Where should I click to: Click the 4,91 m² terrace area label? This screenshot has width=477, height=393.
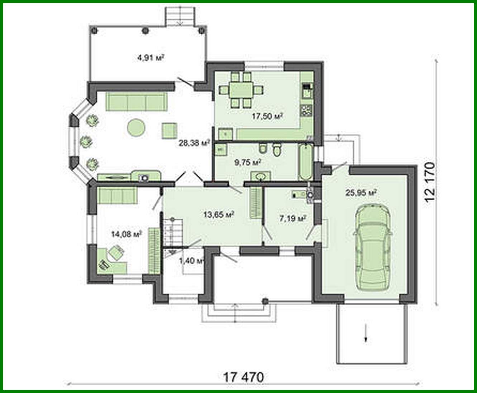click(x=151, y=58)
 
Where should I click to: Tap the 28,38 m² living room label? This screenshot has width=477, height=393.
click(x=194, y=143)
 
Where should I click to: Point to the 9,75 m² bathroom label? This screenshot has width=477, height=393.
click(x=247, y=162)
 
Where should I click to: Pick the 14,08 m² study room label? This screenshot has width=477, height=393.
click(x=126, y=234)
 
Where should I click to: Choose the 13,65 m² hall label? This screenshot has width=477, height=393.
click(x=219, y=215)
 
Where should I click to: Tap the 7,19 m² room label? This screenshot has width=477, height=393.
click(x=292, y=218)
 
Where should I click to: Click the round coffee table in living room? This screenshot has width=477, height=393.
click(x=136, y=128)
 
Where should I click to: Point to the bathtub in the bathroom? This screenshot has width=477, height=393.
click(x=306, y=162)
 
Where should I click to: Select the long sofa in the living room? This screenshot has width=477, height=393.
click(x=137, y=101)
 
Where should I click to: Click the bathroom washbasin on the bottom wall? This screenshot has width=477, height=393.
click(x=261, y=176)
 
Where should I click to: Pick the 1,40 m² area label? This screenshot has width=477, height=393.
click(x=191, y=261)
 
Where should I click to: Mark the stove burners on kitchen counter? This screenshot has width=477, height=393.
click(x=306, y=110)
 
